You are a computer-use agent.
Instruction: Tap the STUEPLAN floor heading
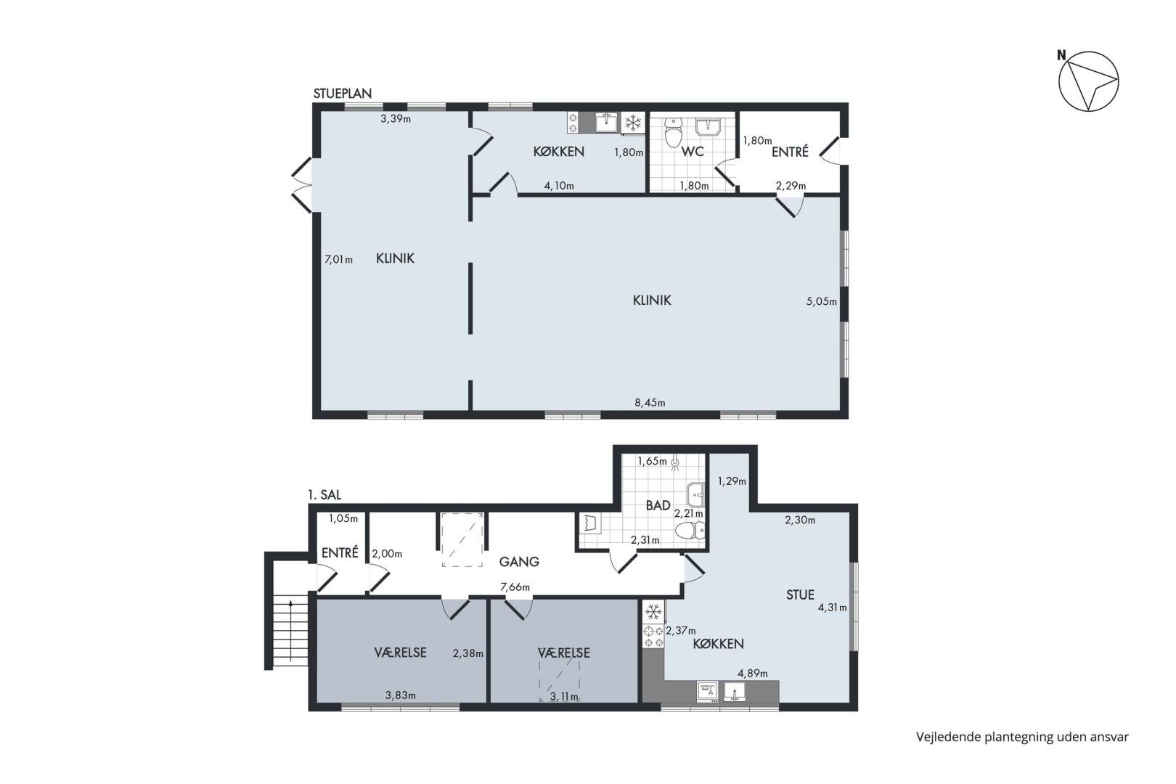343,94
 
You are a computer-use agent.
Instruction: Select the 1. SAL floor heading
324,494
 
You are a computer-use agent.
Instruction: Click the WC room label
693,152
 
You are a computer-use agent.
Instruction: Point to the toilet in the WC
672,132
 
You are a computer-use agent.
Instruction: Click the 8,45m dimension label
650,403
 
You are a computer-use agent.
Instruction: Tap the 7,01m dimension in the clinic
338,259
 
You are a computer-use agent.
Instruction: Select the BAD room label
658,505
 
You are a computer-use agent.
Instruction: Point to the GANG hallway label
519,562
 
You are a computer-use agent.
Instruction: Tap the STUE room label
800,595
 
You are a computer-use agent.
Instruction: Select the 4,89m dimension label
752,673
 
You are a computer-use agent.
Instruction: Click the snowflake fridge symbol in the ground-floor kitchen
633,123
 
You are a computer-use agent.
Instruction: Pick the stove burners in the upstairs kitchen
653,637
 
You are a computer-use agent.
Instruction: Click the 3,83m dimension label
401,695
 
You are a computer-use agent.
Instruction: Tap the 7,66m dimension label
515,587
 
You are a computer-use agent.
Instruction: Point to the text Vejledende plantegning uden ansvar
1022,738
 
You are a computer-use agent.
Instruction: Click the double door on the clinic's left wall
303,185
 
